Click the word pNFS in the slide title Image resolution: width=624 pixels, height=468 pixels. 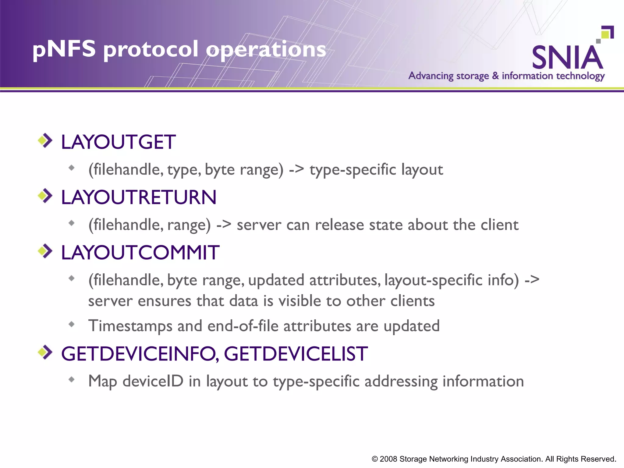[64, 49]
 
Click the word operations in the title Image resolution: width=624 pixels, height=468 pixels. [266, 49]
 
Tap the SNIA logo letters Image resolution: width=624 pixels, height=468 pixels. [567, 58]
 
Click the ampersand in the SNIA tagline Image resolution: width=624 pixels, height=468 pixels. [495, 75]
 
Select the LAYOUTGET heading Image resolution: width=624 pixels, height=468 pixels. [118, 142]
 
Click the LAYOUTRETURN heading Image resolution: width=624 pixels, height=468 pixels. [139, 197]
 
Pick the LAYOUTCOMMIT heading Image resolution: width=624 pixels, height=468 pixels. [140, 253]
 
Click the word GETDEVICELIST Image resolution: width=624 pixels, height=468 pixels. [296, 354]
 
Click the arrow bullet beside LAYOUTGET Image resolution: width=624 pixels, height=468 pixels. [45, 140]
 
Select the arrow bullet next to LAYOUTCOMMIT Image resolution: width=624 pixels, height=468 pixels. [45, 251]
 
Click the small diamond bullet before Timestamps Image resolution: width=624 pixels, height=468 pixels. [72, 324]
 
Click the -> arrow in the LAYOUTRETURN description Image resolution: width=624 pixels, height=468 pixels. [224, 225]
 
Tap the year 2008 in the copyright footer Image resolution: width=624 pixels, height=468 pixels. [388, 459]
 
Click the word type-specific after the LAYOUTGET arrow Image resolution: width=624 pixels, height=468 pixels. [353, 170]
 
